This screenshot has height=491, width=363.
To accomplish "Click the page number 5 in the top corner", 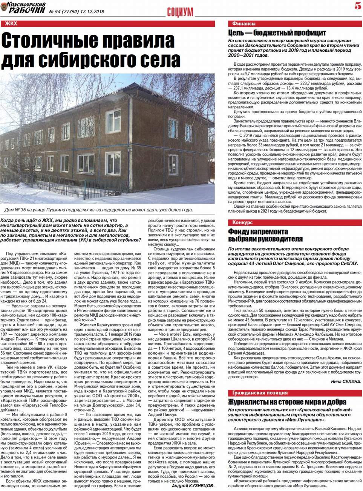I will point(357,6).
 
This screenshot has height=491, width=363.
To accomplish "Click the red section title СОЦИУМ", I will point(180,12).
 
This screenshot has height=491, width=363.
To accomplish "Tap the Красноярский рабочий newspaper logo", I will point(23,8).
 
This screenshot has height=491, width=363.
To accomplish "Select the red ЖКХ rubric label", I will point(11,24).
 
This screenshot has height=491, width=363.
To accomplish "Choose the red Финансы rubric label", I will point(244,24).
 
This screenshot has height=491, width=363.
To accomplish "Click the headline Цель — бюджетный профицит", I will point(277,33).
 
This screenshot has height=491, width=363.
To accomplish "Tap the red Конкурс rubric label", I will point(242,222).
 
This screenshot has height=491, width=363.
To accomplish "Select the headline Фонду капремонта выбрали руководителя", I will point(265,235).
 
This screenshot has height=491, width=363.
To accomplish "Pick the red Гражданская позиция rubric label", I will point(260,393).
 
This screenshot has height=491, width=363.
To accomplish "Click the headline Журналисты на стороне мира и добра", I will point(287,401).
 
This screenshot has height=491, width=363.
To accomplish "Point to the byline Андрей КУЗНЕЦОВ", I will point(193,486).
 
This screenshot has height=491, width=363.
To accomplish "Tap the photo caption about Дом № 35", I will point(99,210).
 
